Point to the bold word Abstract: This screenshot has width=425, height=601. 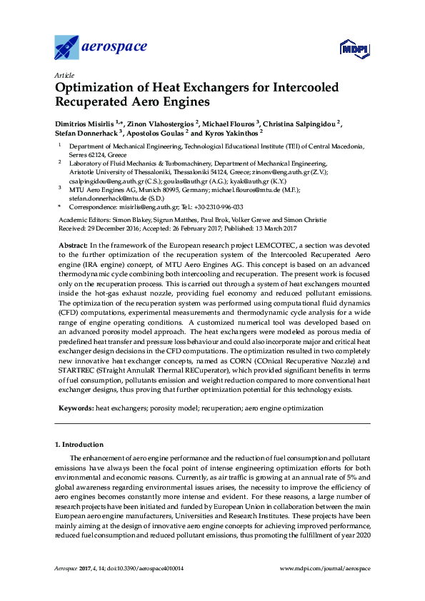(73, 245)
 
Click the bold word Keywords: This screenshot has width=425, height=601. (75, 408)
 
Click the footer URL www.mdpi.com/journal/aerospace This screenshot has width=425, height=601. (325, 568)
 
